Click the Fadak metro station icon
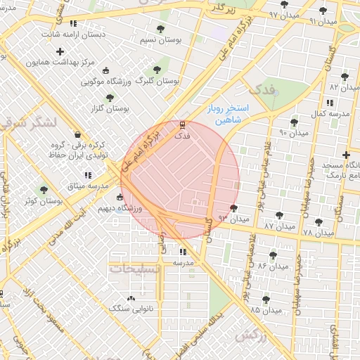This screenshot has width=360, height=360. pyautogui.click(x=183, y=125)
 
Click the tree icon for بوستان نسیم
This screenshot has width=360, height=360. pyautogui.click(x=160, y=30)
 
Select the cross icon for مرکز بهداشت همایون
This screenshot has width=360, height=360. pyautogui.click(x=60, y=51)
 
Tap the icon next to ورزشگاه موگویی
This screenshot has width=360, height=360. pyautogui.click(x=105, y=70)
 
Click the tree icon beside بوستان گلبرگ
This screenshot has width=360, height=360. pyautogui.click(x=156, y=70)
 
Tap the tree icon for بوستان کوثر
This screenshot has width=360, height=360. pyautogui.click(x=44, y=190)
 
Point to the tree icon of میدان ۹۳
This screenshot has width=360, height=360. pyautogui.click(x=233, y=208)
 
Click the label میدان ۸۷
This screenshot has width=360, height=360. pyautogui.click(x=278, y=226)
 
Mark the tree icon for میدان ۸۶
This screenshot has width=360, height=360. pyautogui.click(x=273, y=255)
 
